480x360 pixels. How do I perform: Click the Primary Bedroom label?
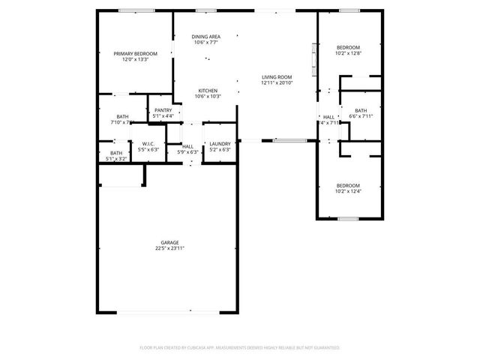pyautogui.click(x=136, y=53)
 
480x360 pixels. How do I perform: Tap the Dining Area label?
pyautogui.click(x=205, y=37)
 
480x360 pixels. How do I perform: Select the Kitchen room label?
pyautogui.click(x=208, y=91)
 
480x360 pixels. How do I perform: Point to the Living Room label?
pyautogui.click(x=276, y=77)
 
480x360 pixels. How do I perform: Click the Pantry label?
pyautogui.click(x=163, y=110)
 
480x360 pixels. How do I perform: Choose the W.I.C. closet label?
pyautogui.click(x=148, y=143)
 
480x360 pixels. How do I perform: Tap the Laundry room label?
pyautogui.click(x=220, y=143)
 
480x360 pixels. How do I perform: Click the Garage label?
pyautogui.click(x=169, y=242)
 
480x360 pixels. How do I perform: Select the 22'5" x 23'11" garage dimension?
pyautogui.click(x=169, y=248)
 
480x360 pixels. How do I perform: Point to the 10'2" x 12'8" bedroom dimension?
pyautogui.click(x=348, y=53)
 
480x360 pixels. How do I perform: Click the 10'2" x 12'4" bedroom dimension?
pyautogui.click(x=348, y=191)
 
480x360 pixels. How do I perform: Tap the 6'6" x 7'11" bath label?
pyautogui.click(x=361, y=116)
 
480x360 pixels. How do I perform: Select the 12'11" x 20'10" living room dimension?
pyautogui.click(x=276, y=83)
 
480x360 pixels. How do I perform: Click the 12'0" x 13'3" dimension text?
pyautogui.click(x=136, y=59)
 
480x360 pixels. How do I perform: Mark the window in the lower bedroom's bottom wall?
pyautogui.click(x=347, y=219)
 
